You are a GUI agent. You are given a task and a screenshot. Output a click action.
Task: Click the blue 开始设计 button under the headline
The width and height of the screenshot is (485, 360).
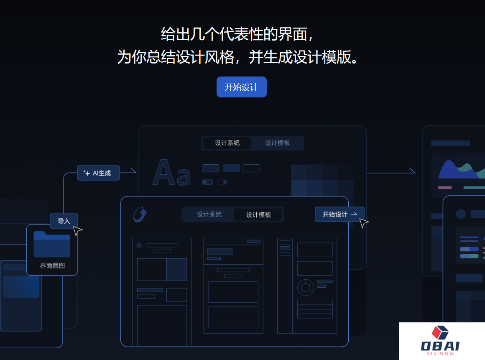tap(241, 87)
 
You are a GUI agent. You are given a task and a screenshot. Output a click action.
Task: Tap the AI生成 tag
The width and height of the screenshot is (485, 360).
tap(98, 173)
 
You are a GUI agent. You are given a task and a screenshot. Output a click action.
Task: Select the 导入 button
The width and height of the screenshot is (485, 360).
tap(64, 221)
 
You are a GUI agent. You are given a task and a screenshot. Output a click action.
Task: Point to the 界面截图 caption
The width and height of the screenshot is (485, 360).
tap(52, 266)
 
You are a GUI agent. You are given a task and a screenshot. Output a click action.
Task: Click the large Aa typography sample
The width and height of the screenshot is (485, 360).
tap(171, 173)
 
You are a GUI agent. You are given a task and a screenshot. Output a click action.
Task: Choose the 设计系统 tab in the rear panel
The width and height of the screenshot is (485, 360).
tap(227, 143)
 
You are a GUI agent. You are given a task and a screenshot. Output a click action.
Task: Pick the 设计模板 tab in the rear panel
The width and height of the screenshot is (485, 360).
tap(277, 143)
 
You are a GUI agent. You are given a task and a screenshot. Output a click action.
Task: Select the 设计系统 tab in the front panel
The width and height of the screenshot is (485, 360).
tap(209, 214)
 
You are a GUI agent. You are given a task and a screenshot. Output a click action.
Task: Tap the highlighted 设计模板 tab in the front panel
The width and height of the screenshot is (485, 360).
tap(258, 214)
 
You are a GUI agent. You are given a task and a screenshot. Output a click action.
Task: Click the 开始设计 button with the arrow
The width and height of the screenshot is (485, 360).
tap(339, 214)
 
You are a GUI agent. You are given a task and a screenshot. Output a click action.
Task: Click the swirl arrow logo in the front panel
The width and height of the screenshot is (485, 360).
tap(140, 214)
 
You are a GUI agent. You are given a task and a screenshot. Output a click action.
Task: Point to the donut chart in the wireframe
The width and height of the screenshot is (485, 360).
tap(306, 287)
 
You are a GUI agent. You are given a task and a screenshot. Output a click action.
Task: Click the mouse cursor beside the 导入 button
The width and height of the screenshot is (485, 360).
tap(77, 230)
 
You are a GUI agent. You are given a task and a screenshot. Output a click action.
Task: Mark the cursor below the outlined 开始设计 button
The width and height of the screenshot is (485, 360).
tap(364, 223)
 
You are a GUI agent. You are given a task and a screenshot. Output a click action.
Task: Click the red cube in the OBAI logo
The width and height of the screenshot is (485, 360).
tap(439, 332)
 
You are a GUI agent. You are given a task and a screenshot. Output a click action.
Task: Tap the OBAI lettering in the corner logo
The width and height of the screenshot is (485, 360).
tap(440, 346)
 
